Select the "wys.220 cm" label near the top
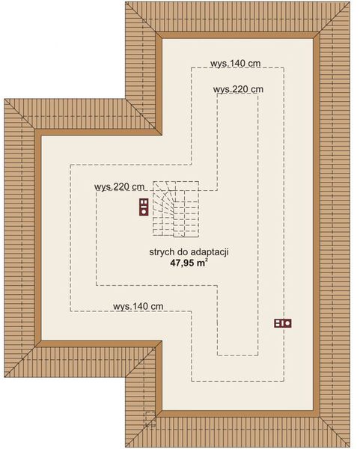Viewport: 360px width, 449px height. (x=238, y=90)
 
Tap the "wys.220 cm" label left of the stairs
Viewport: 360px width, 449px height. (x=120, y=187)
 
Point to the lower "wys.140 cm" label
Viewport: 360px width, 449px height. (x=138, y=306)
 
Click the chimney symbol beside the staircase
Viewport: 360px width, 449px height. (x=143, y=207)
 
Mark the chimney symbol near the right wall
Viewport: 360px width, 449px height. (x=283, y=323)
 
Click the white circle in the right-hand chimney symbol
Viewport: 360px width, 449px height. (x=287, y=323)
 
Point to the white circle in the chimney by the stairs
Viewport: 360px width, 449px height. (x=143, y=212)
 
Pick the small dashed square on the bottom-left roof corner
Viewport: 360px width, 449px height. (x=150, y=418)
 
